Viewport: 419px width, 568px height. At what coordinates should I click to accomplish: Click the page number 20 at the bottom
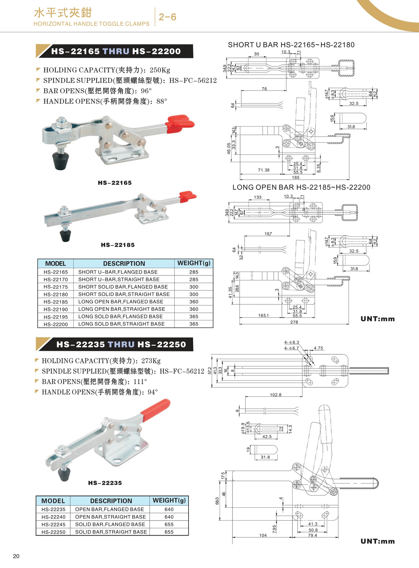pyautogui.click(x=16, y=556)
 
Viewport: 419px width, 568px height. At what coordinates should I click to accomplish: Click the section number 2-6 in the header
pyautogui.click(x=167, y=17)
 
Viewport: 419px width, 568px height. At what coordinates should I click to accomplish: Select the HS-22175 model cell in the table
pyautogui.click(x=56, y=287)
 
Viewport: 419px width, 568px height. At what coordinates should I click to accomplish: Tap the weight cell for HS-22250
pyautogui.click(x=169, y=532)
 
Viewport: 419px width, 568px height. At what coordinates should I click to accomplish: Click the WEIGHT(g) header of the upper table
pyautogui.click(x=194, y=263)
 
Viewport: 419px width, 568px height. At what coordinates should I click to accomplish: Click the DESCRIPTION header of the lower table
pyautogui.click(x=111, y=501)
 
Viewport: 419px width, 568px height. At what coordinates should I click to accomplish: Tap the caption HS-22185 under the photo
pyautogui.click(x=118, y=245)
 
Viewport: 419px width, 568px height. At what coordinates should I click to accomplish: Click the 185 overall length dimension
pyautogui.click(x=296, y=177)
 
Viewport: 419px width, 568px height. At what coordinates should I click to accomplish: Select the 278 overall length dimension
pyautogui.click(x=294, y=322)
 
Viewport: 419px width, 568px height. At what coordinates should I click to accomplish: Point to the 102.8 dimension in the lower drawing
pyautogui.click(x=275, y=395)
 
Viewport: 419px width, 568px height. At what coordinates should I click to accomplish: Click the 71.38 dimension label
pyautogui.click(x=264, y=170)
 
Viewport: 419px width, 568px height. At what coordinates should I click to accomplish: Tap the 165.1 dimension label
pyautogui.click(x=263, y=316)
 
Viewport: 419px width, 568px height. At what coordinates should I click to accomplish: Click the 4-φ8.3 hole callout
pyautogui.click(x=292, y=342)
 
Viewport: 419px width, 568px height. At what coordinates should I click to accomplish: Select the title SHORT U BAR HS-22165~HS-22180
pyautogui.click(x=291, y=45)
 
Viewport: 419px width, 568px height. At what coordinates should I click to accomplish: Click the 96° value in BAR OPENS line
pyautogui.click(x=146, y=91)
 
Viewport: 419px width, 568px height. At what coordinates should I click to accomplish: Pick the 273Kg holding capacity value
pyautogui.click(x=151, y=361)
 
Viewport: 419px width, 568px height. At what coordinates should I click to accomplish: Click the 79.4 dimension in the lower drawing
pyautogui.click(x=313, y=535)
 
